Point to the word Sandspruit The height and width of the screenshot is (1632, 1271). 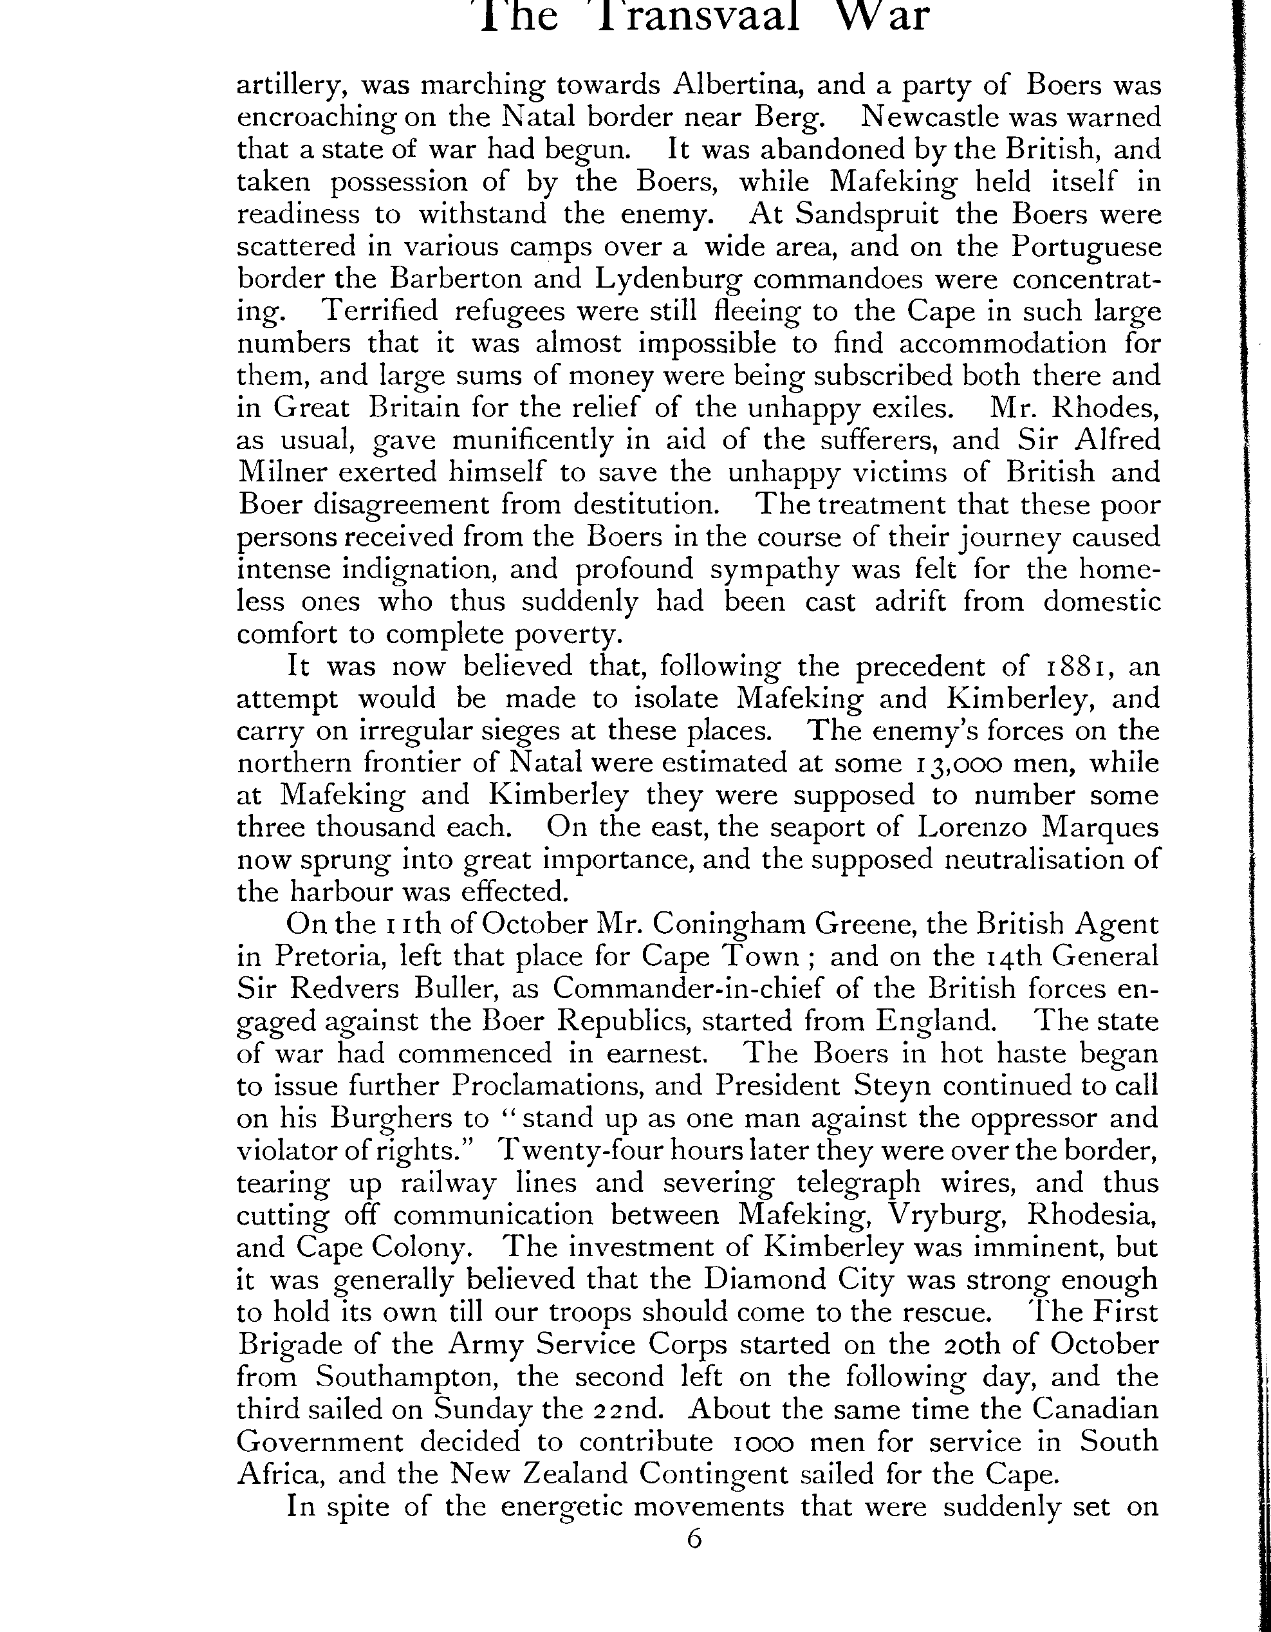(x=867, y=214)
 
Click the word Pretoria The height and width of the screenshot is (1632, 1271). (x=329, y=956)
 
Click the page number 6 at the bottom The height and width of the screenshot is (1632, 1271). (x=695, y=1541)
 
